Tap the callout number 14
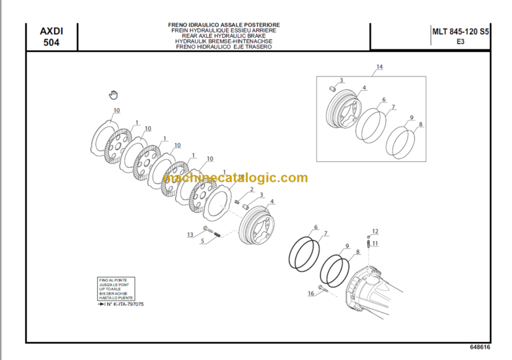[379, 67]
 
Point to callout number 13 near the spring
[190, 234]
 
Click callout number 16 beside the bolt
[311, 293]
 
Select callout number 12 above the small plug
[375, 231]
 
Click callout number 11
[375, 244]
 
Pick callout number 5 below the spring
[203, 241]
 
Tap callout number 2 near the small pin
[251, 190]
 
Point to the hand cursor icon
[113, 95]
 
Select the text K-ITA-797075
[123, 304]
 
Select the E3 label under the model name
[460, 41]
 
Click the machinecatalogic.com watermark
[235, 178]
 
